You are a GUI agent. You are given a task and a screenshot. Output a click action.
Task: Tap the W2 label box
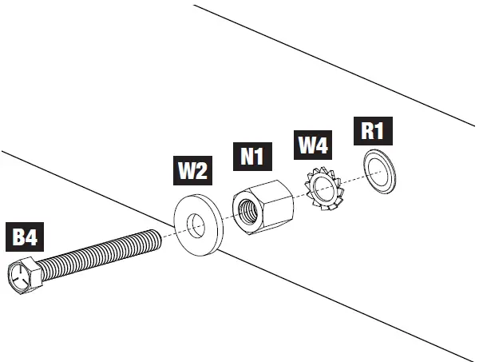pyautogui.click(x=192, y=170)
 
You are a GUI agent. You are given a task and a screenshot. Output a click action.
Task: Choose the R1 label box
pyautogui.click(x=374, y=130)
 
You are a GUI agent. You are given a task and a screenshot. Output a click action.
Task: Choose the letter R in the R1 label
pyautogui.click(x=367, y=130)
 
